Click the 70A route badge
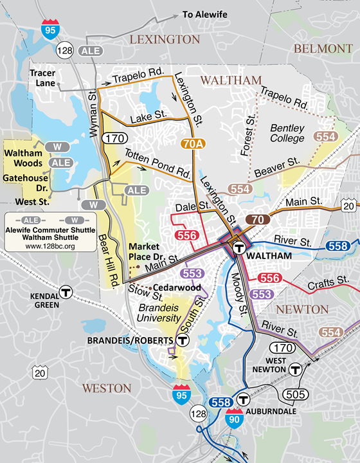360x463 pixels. (x=193, y=144)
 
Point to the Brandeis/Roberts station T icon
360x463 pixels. (x=183, y=341)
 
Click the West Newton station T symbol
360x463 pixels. (x=295, y=369)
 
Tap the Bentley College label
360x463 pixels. (x=287, y=133)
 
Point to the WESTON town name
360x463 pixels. (x=106, y=388)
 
